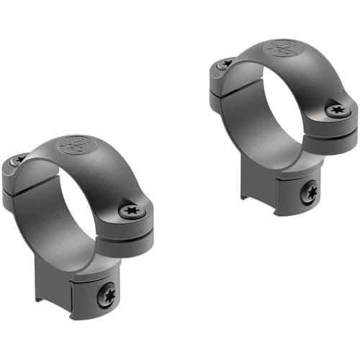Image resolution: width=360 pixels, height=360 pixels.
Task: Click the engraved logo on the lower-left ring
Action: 77,143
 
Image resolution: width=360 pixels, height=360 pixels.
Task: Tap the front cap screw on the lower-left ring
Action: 132,210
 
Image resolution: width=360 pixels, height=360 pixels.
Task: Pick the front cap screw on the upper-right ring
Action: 338,110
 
